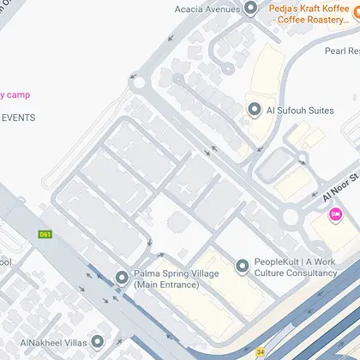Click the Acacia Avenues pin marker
point(250,9)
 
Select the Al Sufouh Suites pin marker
point(254,110)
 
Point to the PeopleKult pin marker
point(241,266)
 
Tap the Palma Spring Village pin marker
point(121,276)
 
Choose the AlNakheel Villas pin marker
point(97,340)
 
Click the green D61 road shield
point(45,234)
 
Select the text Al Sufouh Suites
point(299,110)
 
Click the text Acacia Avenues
point(207,9)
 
